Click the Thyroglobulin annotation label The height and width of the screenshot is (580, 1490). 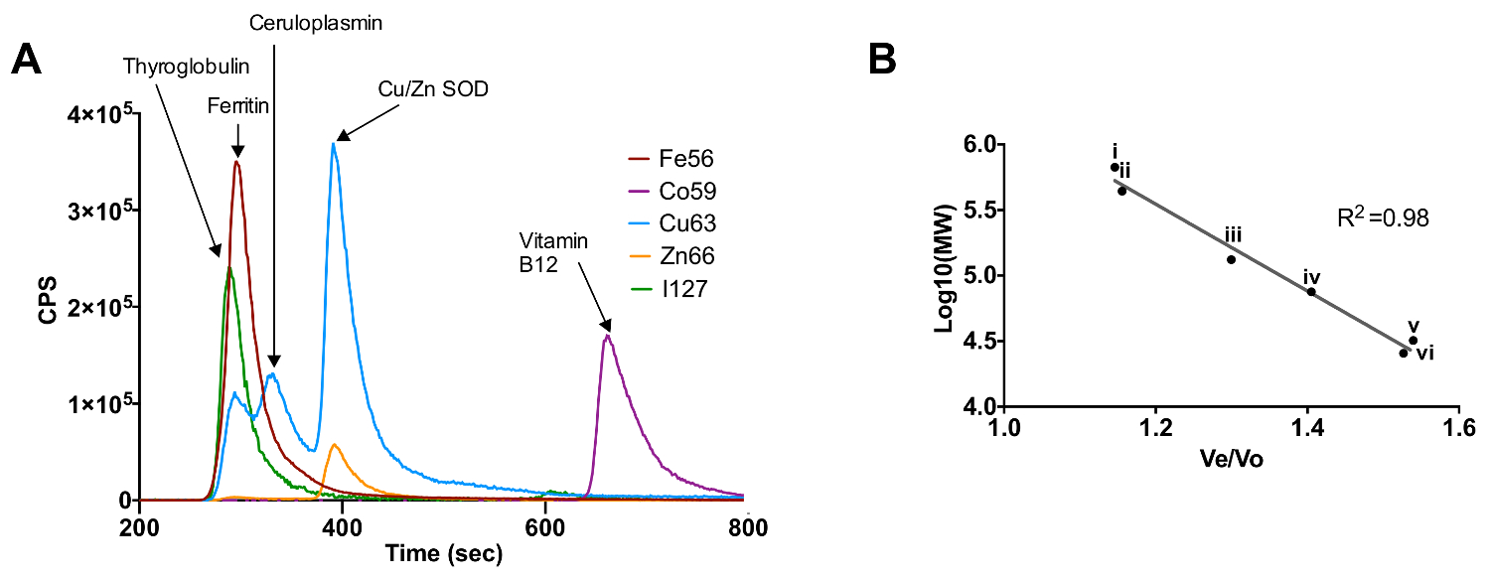click(x=187, y=66)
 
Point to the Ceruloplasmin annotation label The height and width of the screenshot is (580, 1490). click(x=275, y=18)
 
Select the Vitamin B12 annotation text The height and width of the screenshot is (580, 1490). click(x=552, y=253)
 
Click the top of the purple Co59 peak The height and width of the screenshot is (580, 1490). click(x=607, y=337)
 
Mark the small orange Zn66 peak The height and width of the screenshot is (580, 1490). click(x=336, y=445)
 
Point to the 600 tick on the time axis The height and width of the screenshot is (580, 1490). click(x=544, y=526)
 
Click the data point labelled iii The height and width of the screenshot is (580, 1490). click(x=1231, y=259)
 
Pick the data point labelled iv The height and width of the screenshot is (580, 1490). click(x=1311, y=292)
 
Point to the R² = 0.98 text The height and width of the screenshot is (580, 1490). click(x=1384, y=218)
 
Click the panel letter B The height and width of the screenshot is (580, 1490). click(x=883, y=61)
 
